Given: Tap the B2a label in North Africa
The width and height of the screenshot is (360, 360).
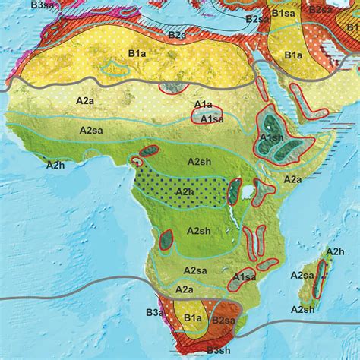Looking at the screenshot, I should pyautogui.click(x=178, y=34).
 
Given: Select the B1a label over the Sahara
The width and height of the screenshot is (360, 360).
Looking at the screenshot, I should pyautogui.click(x=137, y=54).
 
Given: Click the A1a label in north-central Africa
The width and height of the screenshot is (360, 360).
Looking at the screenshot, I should pyautogui.click(x=204, y=104).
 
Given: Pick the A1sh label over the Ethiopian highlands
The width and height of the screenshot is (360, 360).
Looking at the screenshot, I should pyautogui.click(x=271, y=137).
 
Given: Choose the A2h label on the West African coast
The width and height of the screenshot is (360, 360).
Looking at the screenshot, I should pyautogui.click(x=55, y=164).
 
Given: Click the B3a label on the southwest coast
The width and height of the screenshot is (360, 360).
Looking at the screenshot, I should pyautogui.click(x=156, y=311).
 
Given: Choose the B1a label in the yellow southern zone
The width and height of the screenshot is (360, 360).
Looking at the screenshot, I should pyautogui.click(x=191, y=319).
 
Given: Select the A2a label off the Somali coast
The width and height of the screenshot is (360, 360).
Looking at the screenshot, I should pyautogui.click(x=292, y=179).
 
